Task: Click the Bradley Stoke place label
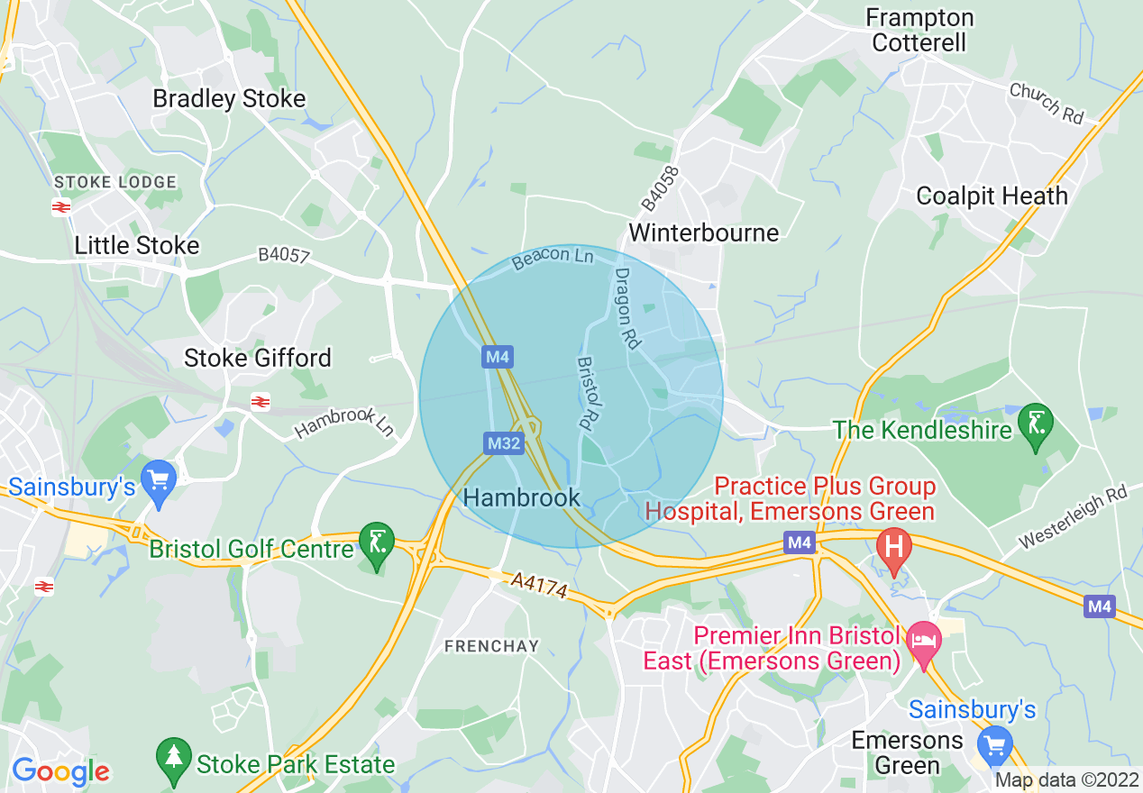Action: [x=229, y=99]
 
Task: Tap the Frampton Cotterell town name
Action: [x=919, y=31]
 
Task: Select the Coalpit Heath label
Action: [x=992, y=196]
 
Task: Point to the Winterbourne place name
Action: [x=703, y=233]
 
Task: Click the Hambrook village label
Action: [x=521, y=497]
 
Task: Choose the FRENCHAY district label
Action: [x=491, y=646]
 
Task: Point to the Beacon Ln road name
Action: [x=553, y=259]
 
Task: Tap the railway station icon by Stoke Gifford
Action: [x=261, y=402]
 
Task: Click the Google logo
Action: [x=60, y=771]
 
